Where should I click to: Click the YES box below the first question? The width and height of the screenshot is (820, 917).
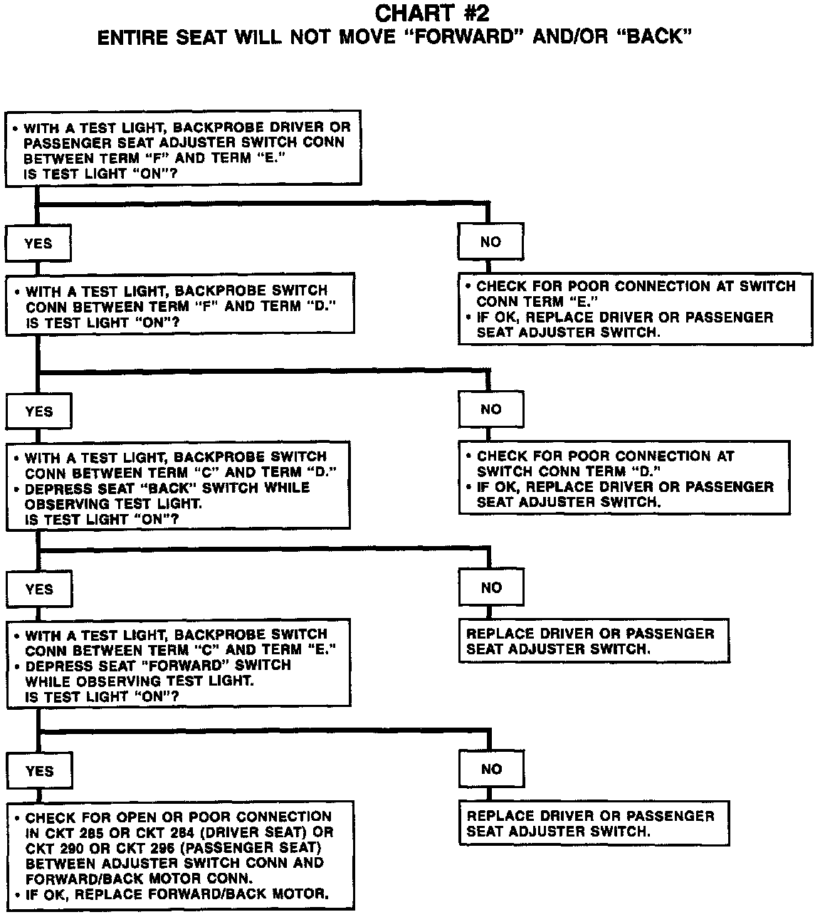pyautogui.click(x=38, y=243)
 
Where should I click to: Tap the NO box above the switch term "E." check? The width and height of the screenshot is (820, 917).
pyautogui.click(x=490, y=242)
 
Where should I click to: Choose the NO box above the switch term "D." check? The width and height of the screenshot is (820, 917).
pyautogui.click(x=490, y=409)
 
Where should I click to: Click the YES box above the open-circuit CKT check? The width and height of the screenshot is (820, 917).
pyautogui.click(x=39, y=771)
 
